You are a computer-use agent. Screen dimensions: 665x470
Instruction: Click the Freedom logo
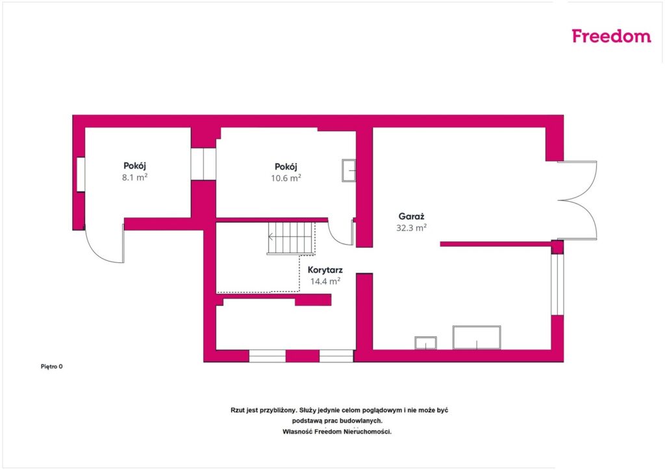(x=611, y=36)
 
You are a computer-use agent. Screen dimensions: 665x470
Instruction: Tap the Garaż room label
(x=411, y=217)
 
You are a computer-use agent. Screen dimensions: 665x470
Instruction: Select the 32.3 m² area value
(x=411, y=228)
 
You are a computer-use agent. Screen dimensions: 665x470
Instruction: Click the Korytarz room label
(x=325, y=270)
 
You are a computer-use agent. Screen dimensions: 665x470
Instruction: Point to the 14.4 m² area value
(x=325, y=281)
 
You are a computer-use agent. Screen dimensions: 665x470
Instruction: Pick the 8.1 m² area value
(x=135, y=177)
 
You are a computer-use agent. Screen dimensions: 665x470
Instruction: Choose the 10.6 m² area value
(x=286, y=178)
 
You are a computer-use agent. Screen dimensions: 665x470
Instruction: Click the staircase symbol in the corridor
(x=292, y=238)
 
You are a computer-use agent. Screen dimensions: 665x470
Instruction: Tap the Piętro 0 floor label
(x=52, y=367)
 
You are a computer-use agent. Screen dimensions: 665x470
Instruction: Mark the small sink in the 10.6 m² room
(x=349, y=171)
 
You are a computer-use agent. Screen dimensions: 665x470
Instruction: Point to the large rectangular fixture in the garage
(x=477, y=338)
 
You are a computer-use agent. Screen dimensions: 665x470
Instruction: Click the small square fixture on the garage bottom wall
(x=426, y=343)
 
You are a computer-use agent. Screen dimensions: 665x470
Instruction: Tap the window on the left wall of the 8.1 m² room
(x=80, y=174)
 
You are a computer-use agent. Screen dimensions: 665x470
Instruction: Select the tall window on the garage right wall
(x=557, y=284)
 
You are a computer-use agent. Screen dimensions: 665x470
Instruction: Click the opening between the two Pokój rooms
(x=203, y=164)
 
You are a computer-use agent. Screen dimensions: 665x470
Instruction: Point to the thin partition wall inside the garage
(x=496, y=244)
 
